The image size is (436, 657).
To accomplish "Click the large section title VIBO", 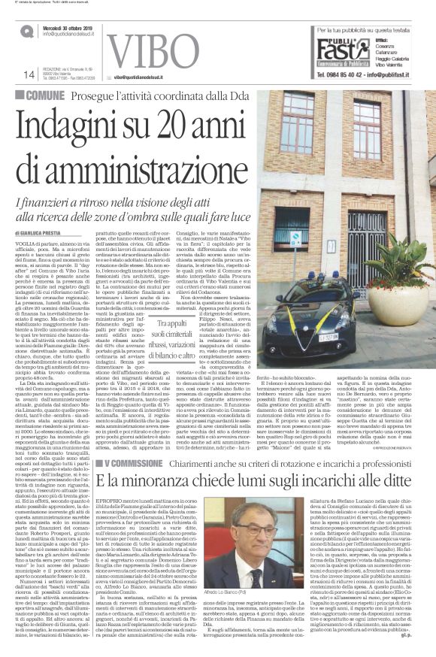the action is coord(159,50).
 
